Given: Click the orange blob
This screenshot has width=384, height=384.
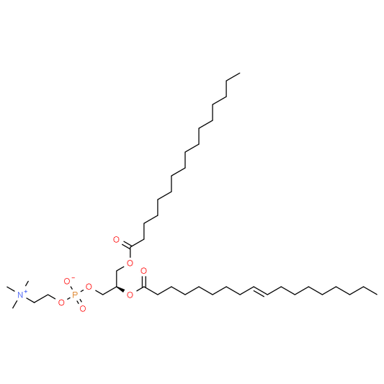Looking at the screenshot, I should click(74, 294).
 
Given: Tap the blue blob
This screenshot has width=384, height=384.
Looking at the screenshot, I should click(22, 294).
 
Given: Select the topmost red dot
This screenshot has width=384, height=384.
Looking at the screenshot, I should click(116, 239).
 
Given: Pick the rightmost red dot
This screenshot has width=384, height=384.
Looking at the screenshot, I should click(143, 270).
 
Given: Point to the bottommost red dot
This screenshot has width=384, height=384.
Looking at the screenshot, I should click(83, 308).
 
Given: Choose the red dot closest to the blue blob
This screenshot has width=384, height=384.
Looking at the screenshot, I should click(61, 303).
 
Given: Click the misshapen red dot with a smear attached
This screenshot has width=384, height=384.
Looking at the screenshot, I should click(66, 281).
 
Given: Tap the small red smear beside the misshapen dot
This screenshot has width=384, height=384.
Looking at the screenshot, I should click(73, 277).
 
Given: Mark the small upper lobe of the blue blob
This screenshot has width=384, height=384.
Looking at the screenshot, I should click(27, 291).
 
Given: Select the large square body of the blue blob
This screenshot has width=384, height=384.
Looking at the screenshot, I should click(20, 295).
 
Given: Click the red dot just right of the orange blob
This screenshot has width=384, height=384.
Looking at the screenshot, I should click(89, 286).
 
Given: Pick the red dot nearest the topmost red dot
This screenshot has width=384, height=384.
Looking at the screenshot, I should click(130, 263).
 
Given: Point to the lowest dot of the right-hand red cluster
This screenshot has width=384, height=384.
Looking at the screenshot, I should click(130, 295).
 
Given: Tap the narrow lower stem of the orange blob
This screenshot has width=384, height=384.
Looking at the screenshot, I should click(73, 297).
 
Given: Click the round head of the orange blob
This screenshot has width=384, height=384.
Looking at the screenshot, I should click(75, 293).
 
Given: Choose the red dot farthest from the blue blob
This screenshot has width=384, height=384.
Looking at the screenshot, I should click(143, 270).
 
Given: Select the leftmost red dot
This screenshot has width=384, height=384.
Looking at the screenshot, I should click(61, 303).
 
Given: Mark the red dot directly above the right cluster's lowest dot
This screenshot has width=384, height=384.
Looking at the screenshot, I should click(130, 263).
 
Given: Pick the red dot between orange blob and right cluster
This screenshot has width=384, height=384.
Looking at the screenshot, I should click(89, 286).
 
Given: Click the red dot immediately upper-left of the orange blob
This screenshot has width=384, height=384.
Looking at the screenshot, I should click(66, 281).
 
